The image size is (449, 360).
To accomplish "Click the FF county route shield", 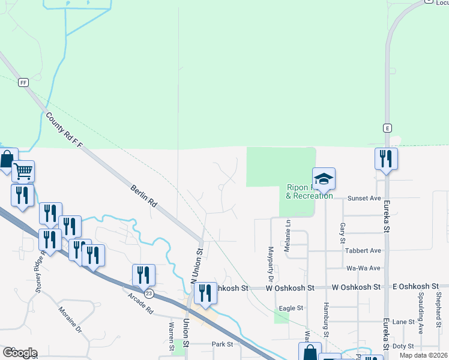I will click(23, 82).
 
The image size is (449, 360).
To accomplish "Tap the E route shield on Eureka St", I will click(388, 128).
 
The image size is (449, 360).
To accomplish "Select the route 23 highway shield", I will click(149, 293).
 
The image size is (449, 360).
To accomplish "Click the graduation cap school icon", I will click(324, 178).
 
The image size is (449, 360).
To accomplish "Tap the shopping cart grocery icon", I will click(23, 171).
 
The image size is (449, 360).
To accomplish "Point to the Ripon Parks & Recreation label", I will click(309, 191).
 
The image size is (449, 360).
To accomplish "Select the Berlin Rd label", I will click(144, 196).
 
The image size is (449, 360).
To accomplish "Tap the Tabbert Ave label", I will click(363, 250).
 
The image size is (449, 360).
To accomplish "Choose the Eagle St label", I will click(291, 308).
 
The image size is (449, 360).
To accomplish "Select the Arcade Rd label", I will click(140, 302).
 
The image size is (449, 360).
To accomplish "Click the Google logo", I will click(20, 353).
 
